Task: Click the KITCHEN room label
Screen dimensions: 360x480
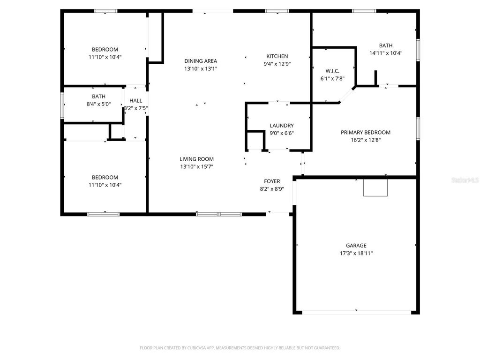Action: [277, 56]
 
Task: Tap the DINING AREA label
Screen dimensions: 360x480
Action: [201, 61]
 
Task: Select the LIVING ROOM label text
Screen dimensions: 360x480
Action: [197, 159]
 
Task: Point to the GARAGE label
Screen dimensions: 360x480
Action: [356, 246]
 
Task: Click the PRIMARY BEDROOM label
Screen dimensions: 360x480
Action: [365, 133]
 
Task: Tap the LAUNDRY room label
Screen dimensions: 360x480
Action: [282, 126]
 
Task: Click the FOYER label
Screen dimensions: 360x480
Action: [272, 181]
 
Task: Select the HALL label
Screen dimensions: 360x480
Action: [135, 101]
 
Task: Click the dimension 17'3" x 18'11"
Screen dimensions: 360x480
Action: [356, 253]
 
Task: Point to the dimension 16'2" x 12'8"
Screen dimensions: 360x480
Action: [365, 140]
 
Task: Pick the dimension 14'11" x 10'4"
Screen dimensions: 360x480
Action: [386, 53]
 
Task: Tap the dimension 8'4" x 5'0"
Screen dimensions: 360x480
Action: [98, 104]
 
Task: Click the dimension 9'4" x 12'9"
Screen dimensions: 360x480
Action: [277, 64]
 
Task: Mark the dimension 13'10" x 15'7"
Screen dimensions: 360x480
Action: [197, 167]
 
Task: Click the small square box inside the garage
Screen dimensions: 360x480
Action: [375, 188]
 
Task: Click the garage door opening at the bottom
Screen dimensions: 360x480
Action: [356, 312]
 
